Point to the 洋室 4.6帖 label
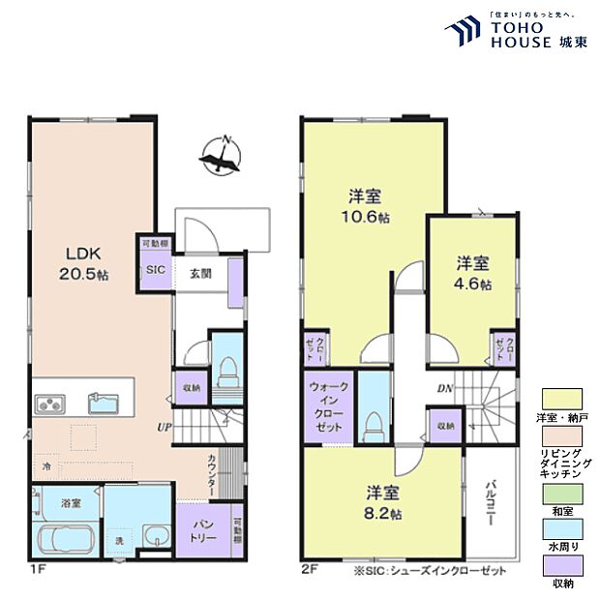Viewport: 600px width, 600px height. click(x=474, y=273)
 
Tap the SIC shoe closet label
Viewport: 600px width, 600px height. click(x=156, y=272)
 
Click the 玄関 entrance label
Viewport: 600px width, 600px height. click(x=201, y=272)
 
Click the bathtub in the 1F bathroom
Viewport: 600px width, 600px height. click(x=63, y=538)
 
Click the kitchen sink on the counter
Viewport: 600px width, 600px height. click(x=104, y=402)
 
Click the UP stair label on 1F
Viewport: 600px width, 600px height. click(x=165, y=426)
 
